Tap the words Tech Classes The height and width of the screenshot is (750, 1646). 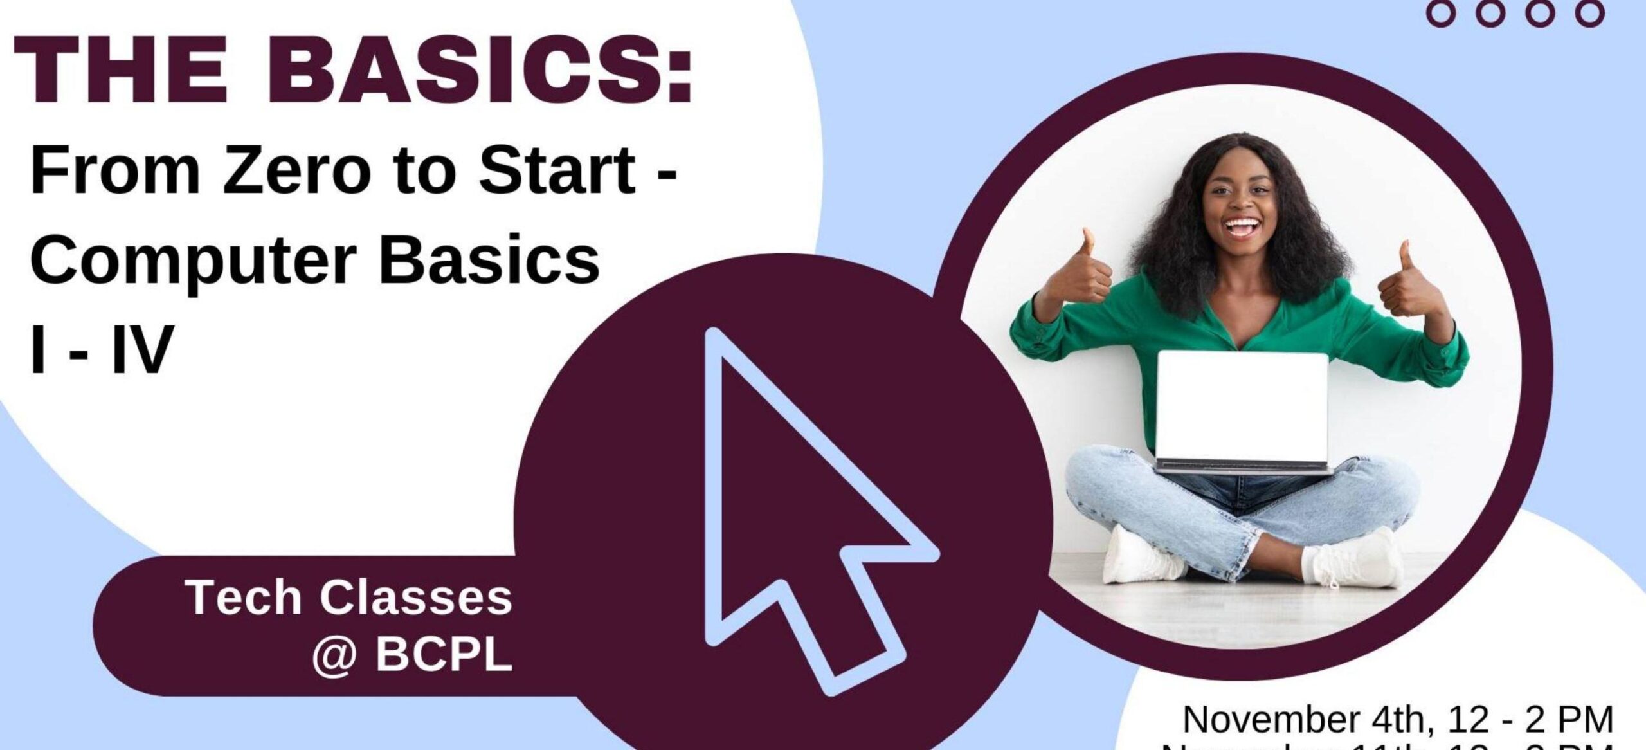point(349,598)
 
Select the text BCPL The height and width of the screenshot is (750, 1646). point(444,655)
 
